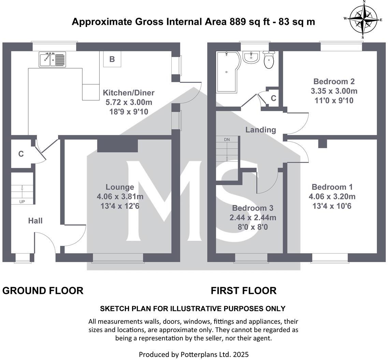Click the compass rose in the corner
(363, 19)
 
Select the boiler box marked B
(112, 59)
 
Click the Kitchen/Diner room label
(129, 93)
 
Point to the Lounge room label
(120, 187)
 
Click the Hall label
(35, 221)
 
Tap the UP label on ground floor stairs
(22, 201)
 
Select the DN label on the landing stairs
(227, 140)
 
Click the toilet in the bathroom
(269, 60)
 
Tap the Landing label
(261, 130)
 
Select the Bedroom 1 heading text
(332, 187)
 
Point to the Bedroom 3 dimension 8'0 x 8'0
(253, 227)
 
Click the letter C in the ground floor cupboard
(21, 154)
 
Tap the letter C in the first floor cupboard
(273, 98)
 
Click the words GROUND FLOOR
(43, 291)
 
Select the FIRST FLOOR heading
(243, 291)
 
